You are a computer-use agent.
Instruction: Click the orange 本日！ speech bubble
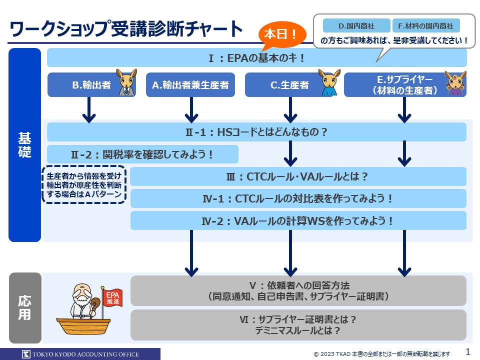[280, 35]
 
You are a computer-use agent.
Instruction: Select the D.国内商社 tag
[356, 25]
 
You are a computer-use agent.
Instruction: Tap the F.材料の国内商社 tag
[426, 25]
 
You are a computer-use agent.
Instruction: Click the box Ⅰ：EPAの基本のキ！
[256, 58]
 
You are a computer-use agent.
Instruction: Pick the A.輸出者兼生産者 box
[190, 85]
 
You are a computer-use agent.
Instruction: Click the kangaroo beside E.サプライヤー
[455, 83]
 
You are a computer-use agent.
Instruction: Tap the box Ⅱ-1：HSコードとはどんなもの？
[256, 132]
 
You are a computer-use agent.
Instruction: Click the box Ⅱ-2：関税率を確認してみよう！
[142, 154]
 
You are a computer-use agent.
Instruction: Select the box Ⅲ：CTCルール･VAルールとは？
[298, 176]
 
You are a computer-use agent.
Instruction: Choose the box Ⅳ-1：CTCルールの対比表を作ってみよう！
[298, 198]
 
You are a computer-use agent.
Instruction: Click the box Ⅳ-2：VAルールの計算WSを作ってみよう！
[298, 220]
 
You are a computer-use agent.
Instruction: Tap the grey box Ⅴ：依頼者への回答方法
[298, 290]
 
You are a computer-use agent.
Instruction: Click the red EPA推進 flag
[110, 298]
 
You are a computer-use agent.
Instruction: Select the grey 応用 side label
[24, 307]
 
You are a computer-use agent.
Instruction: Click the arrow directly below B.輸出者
[88, 110]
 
